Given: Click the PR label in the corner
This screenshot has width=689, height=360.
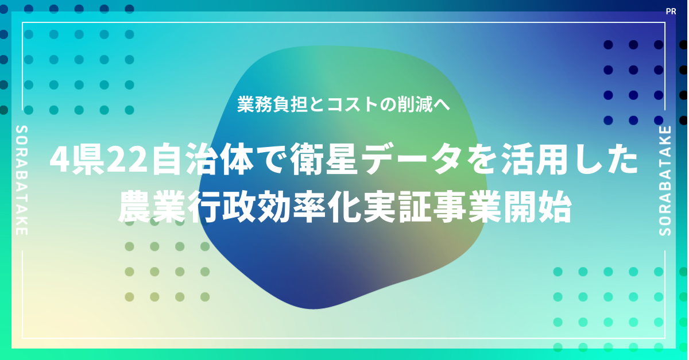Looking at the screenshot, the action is coord(671,11).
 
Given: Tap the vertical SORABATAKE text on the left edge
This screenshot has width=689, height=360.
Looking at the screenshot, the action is coord(22,180).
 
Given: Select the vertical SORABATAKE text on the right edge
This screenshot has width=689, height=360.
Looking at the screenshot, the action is coord(665,181).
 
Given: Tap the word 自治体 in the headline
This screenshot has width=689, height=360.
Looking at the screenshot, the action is coord(203,160).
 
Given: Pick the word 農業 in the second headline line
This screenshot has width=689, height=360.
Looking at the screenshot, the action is coord(152,207).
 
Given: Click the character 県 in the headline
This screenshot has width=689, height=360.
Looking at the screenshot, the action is coord(87,160).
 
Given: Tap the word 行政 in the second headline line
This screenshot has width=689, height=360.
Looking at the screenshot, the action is coord(222,207).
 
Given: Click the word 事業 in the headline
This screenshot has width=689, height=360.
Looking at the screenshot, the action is coord(467,207).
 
